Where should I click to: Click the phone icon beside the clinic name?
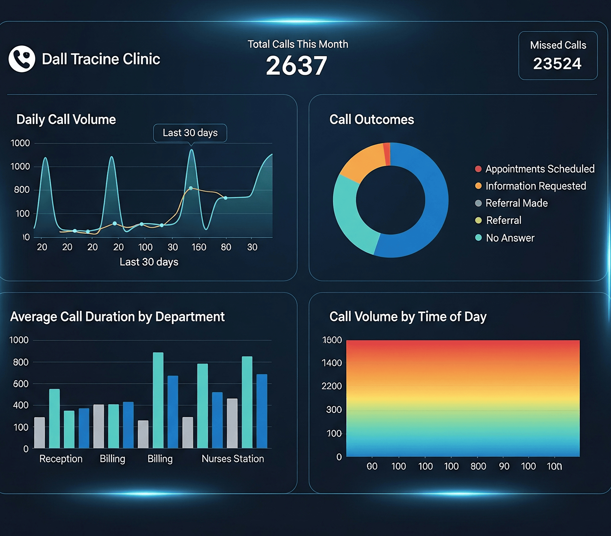coord(22,59)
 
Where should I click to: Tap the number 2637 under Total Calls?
coord(296,66)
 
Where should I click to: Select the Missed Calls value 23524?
coord(557,64)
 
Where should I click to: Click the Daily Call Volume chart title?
coord(66,120)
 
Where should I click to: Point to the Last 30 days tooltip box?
coord(190,133)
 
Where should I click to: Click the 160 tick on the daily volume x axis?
coord(199,247)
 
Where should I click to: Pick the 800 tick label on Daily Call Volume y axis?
coord(21,190)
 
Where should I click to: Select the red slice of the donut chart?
coord(387,154)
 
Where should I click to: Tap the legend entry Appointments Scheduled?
coord(540,169)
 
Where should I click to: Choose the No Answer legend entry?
coord(510,238)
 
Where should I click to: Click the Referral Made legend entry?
coord(516,203)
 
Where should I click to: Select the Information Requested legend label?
coord(535,186)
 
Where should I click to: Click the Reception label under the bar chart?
coord(61,459)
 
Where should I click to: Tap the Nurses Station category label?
coord(233,459)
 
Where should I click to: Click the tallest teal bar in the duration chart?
coord(158,400)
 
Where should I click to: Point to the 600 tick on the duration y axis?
coord(20,384)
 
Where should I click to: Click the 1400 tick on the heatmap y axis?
coord(331,363)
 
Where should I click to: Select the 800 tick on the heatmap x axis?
coord(478,466)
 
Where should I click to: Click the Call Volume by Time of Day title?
coord(408,317)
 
